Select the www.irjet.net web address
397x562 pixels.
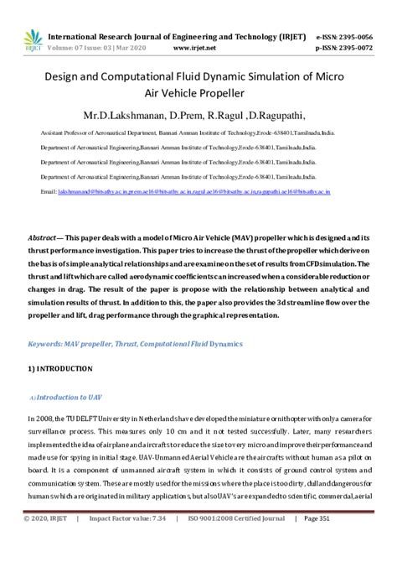tap(195, 48)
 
